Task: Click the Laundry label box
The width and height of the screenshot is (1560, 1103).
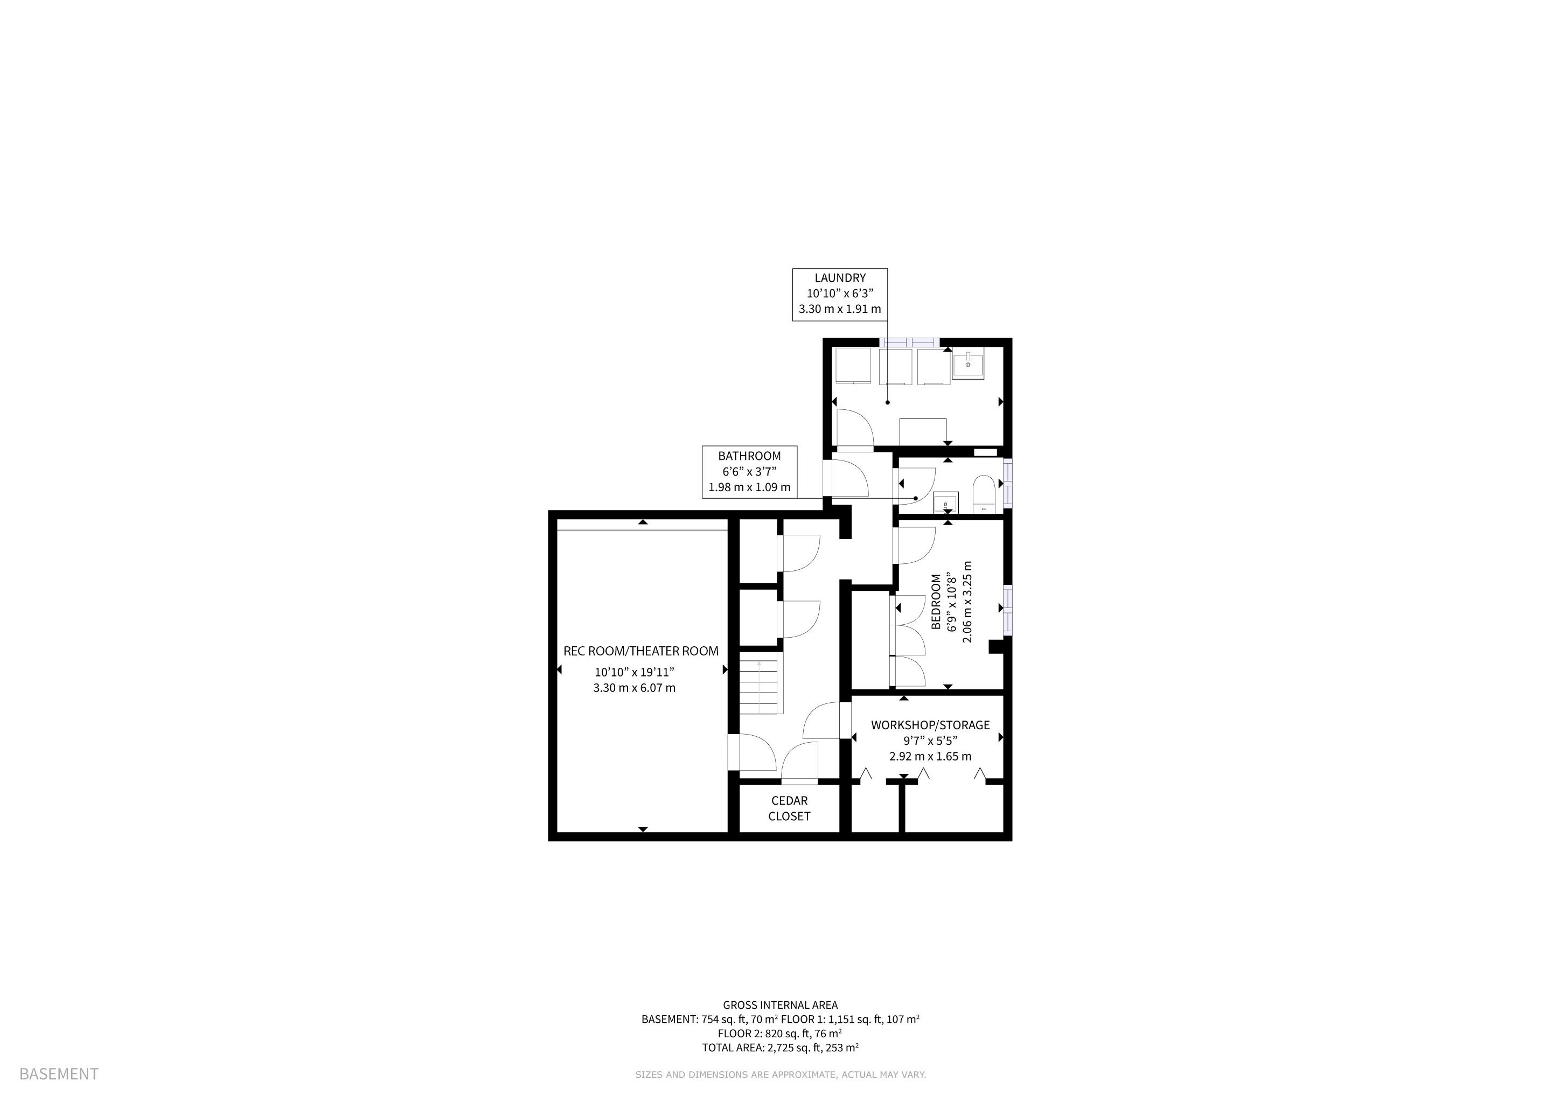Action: (840, 294)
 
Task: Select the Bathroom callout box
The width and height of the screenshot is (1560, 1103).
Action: (749, 471)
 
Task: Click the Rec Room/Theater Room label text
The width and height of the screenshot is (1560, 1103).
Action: (640, 651)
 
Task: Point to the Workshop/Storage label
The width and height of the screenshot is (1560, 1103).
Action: (930, 725)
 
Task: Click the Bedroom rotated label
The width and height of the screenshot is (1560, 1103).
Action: (936, 602)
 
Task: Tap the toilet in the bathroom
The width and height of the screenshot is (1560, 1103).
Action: (983, 494)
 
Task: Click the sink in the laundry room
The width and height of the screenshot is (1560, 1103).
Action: (967, 365)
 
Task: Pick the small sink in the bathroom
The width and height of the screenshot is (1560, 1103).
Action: (946, 502)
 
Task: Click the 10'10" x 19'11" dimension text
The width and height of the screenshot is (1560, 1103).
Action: (634, 672)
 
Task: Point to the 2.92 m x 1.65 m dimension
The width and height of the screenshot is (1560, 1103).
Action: (930, 756)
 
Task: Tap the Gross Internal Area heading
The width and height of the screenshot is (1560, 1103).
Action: (780, 1005)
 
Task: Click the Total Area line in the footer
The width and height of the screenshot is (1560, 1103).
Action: (780, 1048)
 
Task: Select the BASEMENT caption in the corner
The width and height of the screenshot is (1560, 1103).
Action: (59, 1074)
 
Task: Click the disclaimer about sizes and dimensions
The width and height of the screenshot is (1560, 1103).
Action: (781, 1074)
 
